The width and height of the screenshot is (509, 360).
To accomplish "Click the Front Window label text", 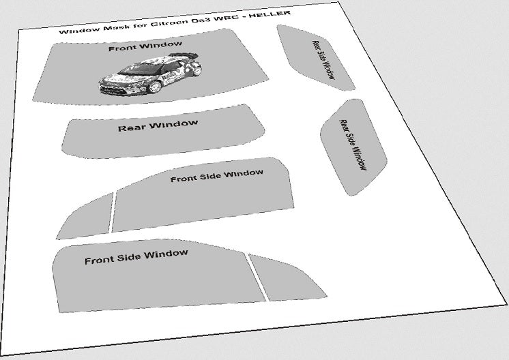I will (x=145, y=48).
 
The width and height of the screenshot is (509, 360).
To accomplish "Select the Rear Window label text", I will (x=158, y=126).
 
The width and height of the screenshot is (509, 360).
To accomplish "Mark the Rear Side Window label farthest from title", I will (x=353, y=145).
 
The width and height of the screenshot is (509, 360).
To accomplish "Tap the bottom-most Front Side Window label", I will (x=136, y=257).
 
